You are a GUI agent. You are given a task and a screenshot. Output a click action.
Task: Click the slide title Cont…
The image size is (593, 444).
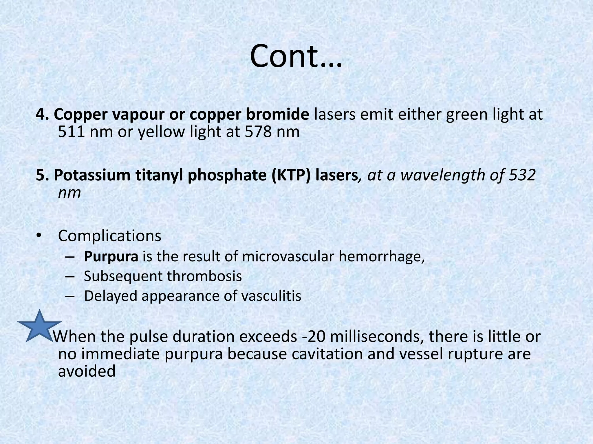pyautogui.click(x=296, y=56)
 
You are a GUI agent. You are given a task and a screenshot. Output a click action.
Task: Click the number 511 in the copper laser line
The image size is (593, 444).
pyautogui.click(x=71, y=132)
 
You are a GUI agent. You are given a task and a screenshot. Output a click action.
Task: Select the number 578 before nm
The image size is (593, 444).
pyautogui.click(x=258, y=132)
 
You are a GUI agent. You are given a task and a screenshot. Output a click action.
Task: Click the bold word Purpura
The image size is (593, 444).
pyautogui.click(x=111, y=256)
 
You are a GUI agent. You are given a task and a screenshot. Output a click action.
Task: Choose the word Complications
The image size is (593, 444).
pyautogui.click(x=109, y=236)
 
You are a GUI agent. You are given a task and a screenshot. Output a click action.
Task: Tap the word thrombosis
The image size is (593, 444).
pyautogui.click(x=204, y=276)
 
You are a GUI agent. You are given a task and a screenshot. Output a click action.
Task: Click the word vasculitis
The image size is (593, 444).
pyautogui.click(x=271, y=296)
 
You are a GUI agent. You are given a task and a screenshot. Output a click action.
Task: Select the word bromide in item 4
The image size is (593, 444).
pyautogui.click(x=278, y=114)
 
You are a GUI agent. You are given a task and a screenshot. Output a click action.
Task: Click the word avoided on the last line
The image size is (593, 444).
pyautogui.click(x=87, y=371)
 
